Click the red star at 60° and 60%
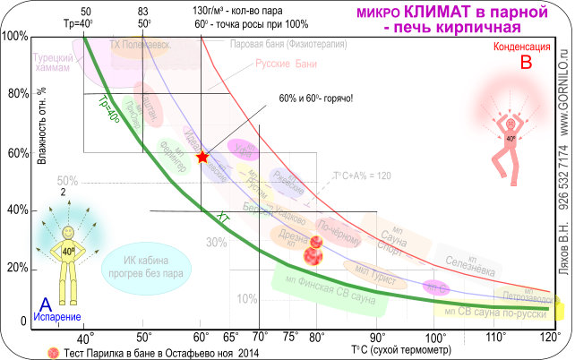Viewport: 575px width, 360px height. coord(202,157)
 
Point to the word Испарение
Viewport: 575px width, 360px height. coord(58,317)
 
